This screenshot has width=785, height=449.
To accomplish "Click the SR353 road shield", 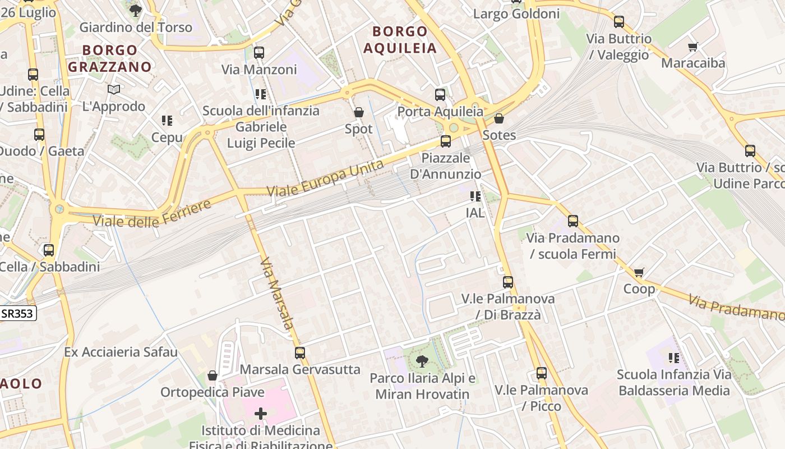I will point(17,314).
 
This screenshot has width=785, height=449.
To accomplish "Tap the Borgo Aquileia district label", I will point(400,39).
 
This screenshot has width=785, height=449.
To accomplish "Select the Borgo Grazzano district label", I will point(117,58).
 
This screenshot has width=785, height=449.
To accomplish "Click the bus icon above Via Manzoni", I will point(258,53).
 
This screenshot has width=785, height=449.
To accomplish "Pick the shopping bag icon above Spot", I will point(359,113).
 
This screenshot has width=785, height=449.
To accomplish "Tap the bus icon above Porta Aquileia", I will point(440,95).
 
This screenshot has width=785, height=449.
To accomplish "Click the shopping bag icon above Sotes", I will point(499,118).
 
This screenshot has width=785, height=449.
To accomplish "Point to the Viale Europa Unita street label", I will point(325,178).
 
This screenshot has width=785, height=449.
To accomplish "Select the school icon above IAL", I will point(475,196).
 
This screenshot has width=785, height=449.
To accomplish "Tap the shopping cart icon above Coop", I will point(639,273).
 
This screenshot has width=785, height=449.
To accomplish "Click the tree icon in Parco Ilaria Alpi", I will point(422,361).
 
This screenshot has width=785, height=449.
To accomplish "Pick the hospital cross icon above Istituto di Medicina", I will point(261,414).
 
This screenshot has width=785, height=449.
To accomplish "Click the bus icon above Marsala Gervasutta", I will point(300,353).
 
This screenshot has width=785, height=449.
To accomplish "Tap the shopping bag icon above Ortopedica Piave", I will point(213,375).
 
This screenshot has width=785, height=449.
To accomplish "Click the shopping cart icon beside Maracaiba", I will point(693,47).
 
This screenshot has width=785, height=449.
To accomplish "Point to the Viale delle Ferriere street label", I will point(152,213).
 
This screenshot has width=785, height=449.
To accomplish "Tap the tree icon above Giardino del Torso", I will point(135,10).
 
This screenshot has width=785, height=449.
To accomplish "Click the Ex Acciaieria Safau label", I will point(121,352).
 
